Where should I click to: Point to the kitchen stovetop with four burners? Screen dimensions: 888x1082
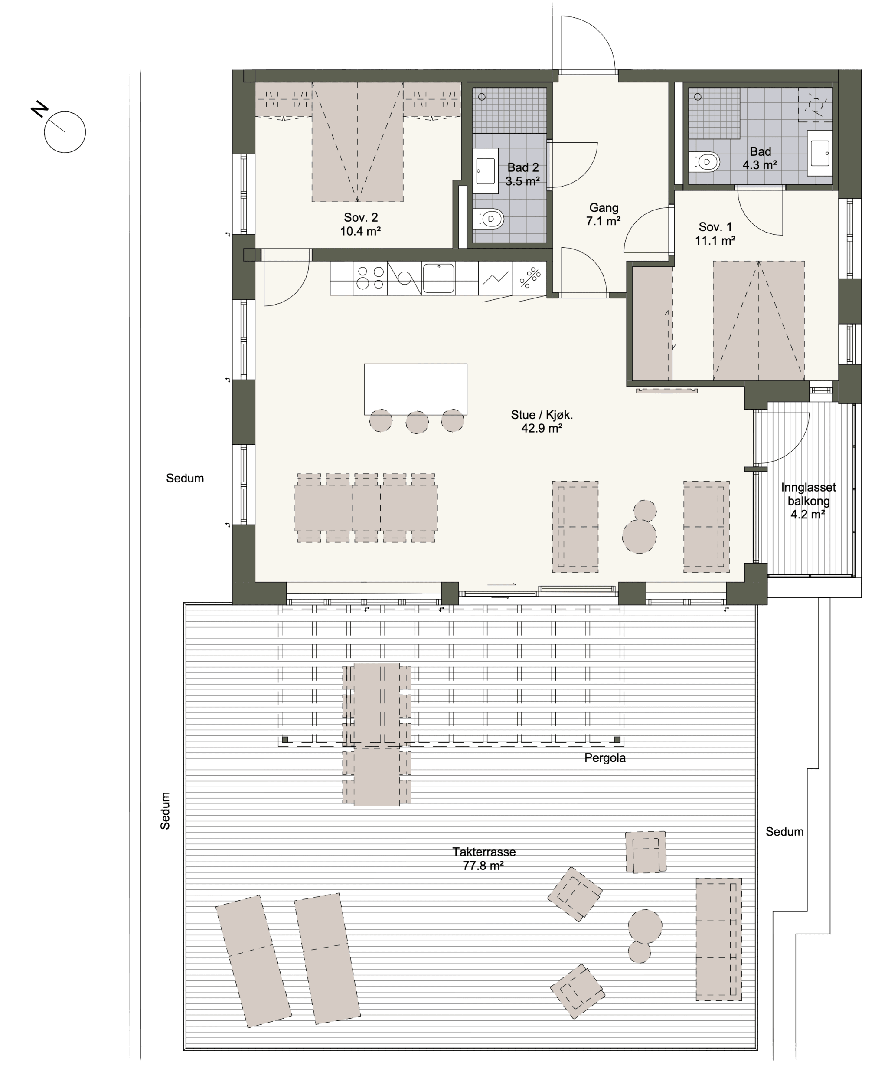370,278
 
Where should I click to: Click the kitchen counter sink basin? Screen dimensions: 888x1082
438,278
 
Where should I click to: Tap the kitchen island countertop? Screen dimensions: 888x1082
415,389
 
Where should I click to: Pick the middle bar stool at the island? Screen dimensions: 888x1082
417,422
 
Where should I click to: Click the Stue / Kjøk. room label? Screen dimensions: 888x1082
542,421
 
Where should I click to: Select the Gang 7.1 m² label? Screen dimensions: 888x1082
604,214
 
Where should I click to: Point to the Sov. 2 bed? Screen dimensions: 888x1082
358,142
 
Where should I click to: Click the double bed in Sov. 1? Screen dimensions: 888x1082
759,321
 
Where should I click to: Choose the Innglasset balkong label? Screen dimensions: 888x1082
808,501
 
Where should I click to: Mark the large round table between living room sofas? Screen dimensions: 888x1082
640,536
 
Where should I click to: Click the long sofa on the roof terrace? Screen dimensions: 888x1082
719,940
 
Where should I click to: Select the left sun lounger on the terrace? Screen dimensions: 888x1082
253,961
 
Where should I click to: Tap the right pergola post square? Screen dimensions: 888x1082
617,740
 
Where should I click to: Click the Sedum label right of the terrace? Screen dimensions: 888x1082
784,832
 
